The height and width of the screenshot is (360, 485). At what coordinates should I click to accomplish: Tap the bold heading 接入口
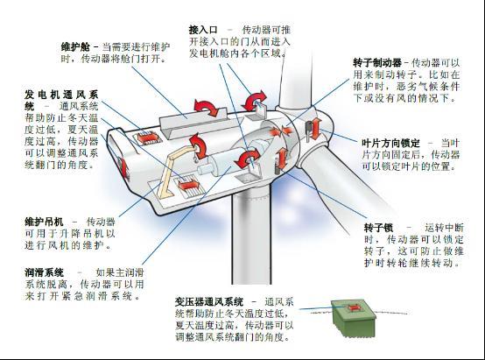coord(203,30)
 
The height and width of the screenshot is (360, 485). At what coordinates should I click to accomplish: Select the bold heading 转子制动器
coord(377,63)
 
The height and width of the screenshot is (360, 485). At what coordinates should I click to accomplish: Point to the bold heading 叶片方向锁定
coord(390,143)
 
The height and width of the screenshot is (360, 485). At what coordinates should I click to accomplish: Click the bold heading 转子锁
coord(378,228)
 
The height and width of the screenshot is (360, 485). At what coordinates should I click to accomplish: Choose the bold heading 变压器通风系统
coord(209,301)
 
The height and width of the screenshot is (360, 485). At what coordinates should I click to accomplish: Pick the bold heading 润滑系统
coord(44,272)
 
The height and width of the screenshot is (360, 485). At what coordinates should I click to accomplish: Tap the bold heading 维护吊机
coord(44,222)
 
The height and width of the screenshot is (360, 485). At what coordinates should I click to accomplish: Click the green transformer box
coord(353,316)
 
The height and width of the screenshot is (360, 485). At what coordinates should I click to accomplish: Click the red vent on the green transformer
coord(353,308)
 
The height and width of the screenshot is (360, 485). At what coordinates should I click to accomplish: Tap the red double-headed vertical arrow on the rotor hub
coord(316,129)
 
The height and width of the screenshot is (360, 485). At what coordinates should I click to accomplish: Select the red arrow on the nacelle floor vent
coord(188,185)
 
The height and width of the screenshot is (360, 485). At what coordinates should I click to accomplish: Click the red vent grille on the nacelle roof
coord(148,138)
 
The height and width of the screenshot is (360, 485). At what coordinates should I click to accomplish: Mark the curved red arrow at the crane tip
coord(198,145)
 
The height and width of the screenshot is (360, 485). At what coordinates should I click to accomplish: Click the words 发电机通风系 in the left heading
coord(61,95)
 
